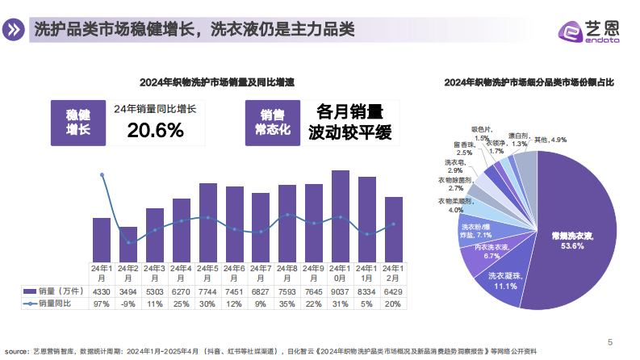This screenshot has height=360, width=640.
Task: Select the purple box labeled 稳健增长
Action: tap(77, 122)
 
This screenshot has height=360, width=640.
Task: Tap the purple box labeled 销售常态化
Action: tap(272, 122)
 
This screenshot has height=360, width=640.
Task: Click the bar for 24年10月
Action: tap(340, 216)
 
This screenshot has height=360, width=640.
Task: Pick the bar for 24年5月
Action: tap(208, 222)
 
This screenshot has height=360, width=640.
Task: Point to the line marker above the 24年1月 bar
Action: tap(102, 174)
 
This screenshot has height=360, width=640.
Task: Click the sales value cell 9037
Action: tap(340, 291)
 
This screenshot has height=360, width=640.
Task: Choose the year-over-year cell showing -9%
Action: tap(128, 303)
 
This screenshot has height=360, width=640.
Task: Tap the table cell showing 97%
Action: tap(102, 303)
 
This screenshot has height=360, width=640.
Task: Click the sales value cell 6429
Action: tap(393, 291)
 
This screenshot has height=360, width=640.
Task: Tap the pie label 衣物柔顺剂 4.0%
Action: tap(456, 204)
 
